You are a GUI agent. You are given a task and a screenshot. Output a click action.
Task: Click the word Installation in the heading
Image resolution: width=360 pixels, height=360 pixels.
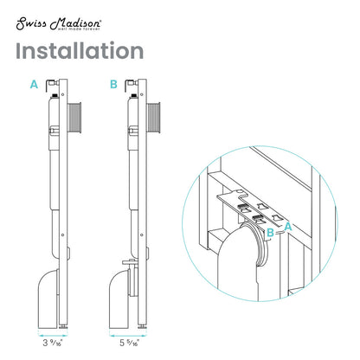[x=79, y=51]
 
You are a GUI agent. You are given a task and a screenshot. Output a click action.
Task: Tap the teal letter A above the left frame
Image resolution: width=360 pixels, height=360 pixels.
[x=34, y=85]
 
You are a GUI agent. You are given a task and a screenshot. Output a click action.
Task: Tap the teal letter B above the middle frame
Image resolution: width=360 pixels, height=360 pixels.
[x=112, y=85]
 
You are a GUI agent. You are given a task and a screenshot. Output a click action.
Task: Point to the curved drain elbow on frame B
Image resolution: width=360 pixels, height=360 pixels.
[x=127, y=299]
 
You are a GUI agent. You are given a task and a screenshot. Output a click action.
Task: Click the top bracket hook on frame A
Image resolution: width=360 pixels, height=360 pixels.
[x=54, y=86]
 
